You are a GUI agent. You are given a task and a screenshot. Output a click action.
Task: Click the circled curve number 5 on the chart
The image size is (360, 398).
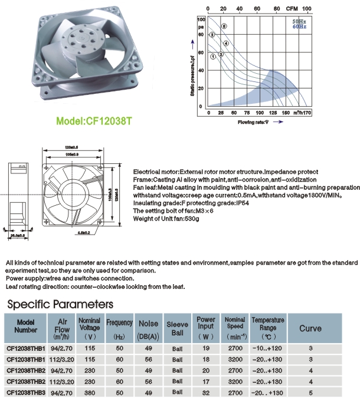[224, 27]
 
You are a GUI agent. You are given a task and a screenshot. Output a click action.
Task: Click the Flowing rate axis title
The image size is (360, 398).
[254, 122]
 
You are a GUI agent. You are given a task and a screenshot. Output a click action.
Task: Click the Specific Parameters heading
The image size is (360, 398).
[59, 304]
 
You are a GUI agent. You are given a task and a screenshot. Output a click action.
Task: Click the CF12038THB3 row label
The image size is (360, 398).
[26, 392]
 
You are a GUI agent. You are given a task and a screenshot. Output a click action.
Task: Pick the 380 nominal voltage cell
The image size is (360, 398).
[90, 392]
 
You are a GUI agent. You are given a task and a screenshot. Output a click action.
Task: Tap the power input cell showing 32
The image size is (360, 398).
[205, 392]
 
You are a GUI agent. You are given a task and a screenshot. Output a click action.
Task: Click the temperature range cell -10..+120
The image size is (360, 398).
[267, 349]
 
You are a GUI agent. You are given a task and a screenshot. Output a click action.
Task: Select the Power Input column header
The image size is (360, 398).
[205, 327]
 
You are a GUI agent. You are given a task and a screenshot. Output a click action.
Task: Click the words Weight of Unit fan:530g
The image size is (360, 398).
[166, 219]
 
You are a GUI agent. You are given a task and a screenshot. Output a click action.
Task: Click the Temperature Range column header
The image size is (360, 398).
[267, 327]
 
